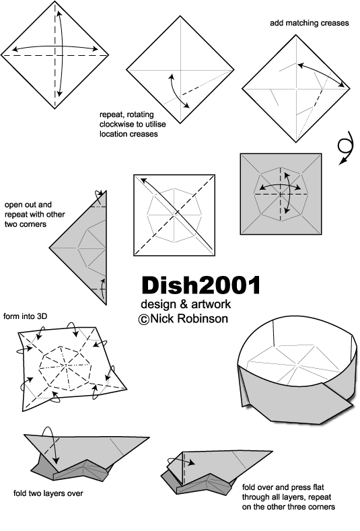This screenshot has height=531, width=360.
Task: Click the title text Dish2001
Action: (x=201, y=285)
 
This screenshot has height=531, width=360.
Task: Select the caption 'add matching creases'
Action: (x=310, y=23)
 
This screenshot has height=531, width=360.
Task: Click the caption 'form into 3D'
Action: (x=26, y=316)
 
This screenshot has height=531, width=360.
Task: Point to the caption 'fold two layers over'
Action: (x=48, y=493)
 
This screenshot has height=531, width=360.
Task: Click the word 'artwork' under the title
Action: (x=211, y=304)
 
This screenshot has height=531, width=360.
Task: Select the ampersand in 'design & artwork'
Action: (x=183, y=304)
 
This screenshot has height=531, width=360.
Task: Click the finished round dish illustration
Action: (x=297, y=370)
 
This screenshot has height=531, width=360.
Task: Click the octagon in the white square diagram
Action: (x=174, y=215)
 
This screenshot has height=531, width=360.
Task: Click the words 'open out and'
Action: (x=28, y=205)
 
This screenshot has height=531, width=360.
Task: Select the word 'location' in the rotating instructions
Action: (x=114, y=134)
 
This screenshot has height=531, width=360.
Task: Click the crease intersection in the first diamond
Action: (x=55, y=55)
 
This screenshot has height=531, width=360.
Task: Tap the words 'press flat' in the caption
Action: (x=307, y=487)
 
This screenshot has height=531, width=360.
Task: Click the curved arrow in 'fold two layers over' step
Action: (x=50, y=444)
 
